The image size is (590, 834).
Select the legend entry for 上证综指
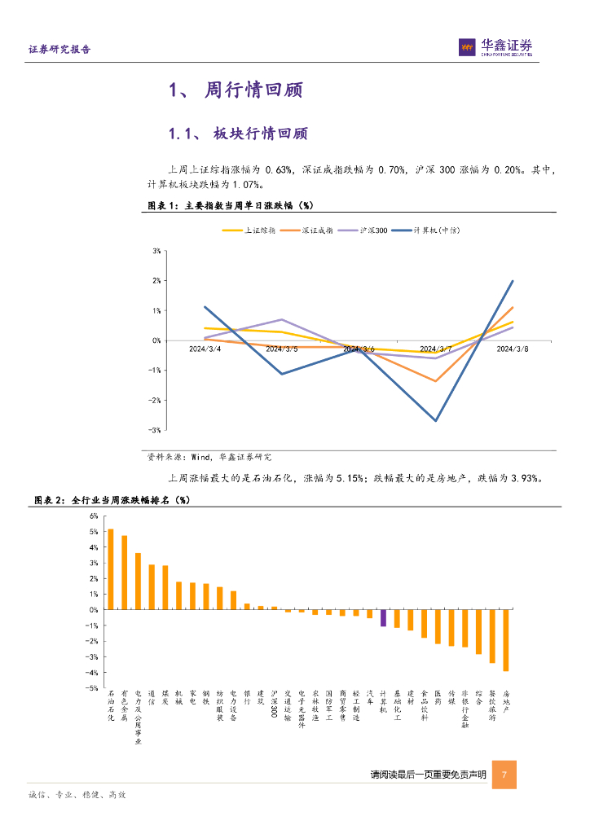click(249, 230)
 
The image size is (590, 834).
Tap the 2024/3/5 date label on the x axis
click(282, 349)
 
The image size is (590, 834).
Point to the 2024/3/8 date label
click(513, 349)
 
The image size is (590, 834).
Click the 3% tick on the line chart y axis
click(156, 251)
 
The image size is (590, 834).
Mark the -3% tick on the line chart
click(155, 430)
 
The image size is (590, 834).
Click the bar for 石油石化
click(111, 569)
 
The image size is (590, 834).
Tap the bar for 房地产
click(505, 640)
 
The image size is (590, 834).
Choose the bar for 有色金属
click(125, 573)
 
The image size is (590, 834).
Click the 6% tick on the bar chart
click(93, 516)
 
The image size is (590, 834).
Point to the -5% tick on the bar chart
click(92, 688)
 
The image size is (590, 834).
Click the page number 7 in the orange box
click(505, 775)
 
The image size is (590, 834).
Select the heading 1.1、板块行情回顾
click(237, 134)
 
